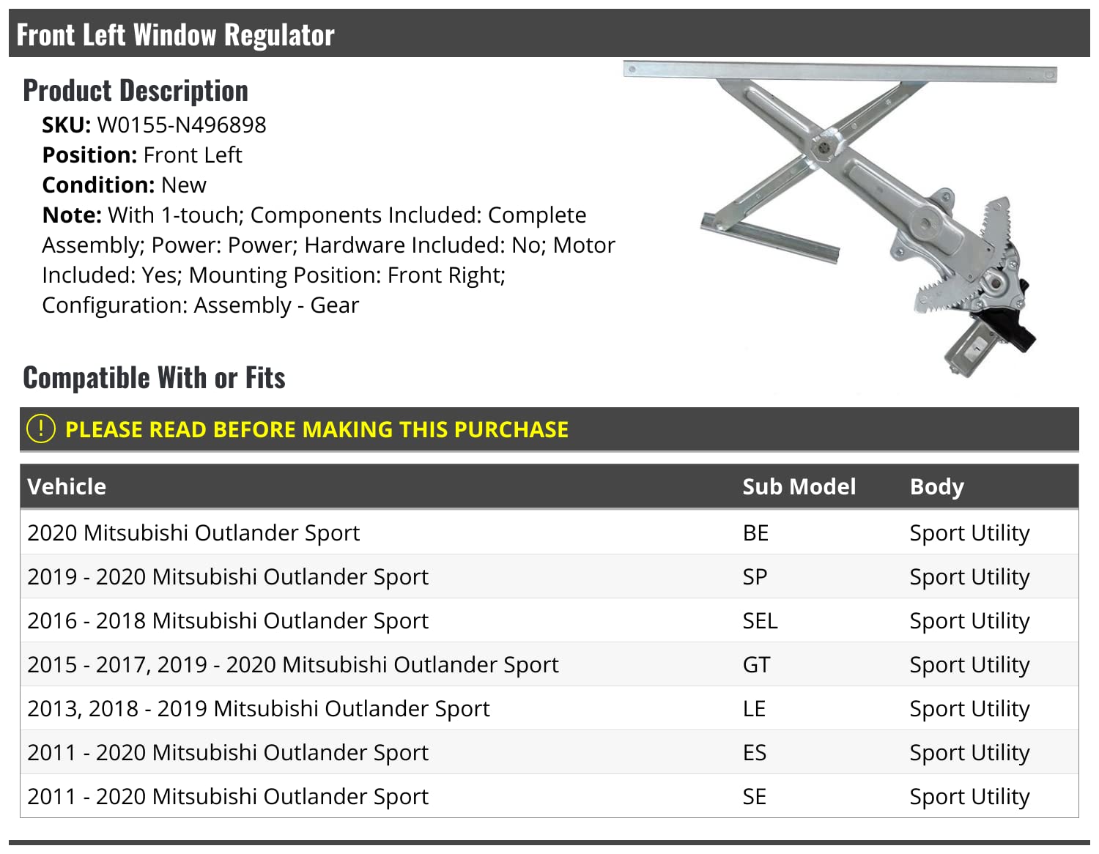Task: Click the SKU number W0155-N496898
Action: (x=182, y=125)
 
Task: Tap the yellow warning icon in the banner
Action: (x=40, y=428)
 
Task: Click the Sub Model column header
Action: (x=799, y=487)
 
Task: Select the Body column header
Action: (x=936, y=487)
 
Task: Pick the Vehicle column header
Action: (x=67, y=487)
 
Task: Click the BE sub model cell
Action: (x=755, y=532)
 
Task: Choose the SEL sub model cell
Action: (x=760, y=620)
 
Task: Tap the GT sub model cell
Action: (x=756, y=664)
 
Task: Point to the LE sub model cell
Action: (x=754, y=708)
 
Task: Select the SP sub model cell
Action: (x=755, y=576)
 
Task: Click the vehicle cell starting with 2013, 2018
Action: (x=258, y=708)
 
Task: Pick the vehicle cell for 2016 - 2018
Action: (x=227, y=620)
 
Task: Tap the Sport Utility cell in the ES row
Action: (x=969, y=752)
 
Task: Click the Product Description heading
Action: (x=136, y=91)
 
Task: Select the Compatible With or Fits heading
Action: (x=154, y=378)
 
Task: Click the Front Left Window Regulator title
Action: (x=175, y=34)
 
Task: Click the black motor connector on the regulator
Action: (x=1018, y=333)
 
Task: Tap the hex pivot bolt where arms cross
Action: (x=824, y=146)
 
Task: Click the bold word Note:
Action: (x=71, y=215)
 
